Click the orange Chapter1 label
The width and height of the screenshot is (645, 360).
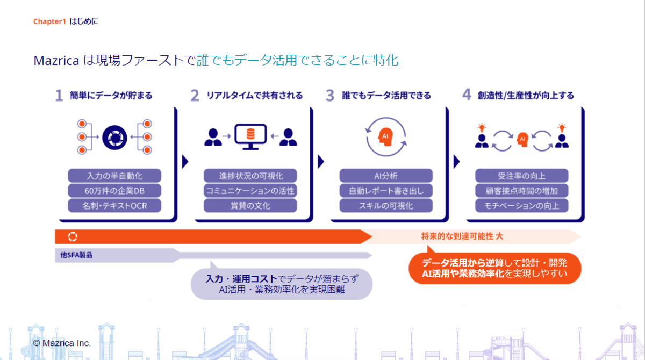click(49, 21)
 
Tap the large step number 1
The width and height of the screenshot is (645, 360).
click(59, 96)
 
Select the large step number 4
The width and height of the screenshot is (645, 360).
click(467, 96)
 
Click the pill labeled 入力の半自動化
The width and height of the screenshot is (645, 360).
click(115, 176)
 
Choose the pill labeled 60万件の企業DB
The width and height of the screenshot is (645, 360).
click(115, 191)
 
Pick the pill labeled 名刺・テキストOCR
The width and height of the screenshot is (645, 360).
click(115, 205)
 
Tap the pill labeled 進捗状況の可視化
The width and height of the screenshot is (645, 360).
click(250, 176)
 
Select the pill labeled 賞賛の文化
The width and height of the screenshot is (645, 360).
click(250, 205)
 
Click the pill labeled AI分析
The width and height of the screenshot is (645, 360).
click(386, 176)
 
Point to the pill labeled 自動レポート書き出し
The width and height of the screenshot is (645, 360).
click(386, 191)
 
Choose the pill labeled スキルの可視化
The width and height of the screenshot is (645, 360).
click(386, 205)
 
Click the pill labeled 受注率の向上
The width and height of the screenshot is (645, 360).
click(522, 176)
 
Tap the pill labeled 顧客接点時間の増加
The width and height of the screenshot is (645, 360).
click(522, 191)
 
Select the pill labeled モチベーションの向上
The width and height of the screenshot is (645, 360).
click(522, 205)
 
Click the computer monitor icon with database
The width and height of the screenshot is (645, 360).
click(250, 137)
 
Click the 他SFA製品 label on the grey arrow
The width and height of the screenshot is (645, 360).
click(74, 255)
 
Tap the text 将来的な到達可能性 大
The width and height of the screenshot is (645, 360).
click(462, 236)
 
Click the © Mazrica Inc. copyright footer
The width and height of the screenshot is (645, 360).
click(62, 343)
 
